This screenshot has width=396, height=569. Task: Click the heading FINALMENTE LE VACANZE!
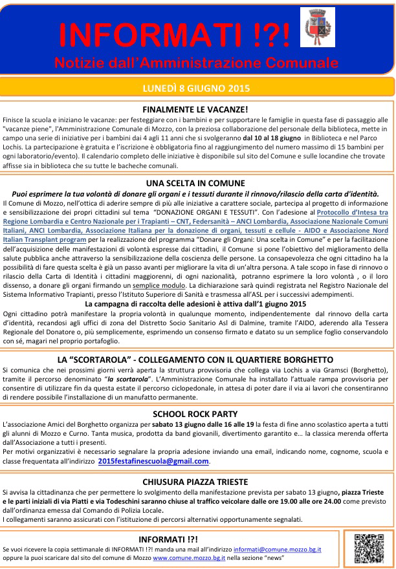click(195, 110)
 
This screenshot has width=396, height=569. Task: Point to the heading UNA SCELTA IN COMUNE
click(195, 183)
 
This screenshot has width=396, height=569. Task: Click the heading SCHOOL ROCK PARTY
click(195, 413)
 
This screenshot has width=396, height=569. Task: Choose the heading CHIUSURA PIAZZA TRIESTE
click(195, 482)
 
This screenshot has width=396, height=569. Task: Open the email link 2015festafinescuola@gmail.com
click(153, 461)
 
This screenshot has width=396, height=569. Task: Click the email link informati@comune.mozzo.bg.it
click(278, 549)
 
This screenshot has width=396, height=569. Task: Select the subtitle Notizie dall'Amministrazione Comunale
click(196, 63)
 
